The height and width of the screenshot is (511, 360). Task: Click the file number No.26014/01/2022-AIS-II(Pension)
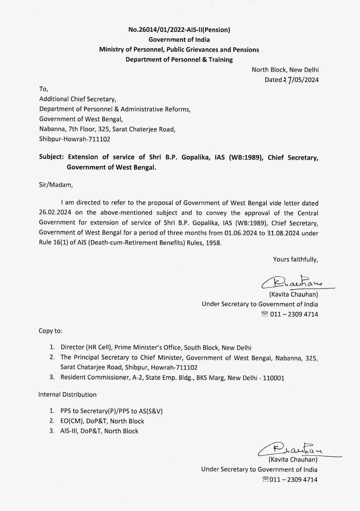179,30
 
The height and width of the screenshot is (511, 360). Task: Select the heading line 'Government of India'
179,40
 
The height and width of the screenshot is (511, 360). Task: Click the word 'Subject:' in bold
51,157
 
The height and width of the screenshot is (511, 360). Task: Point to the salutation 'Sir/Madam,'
56,185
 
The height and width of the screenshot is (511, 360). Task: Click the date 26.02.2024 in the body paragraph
55,213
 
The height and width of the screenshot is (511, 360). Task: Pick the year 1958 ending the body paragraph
213,243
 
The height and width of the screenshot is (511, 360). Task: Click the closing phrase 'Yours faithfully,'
295,260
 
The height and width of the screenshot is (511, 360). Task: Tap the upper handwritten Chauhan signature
295,282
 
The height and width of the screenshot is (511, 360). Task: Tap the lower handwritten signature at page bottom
293,449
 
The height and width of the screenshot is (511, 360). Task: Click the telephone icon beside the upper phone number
265,314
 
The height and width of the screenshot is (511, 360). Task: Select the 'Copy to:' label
51,331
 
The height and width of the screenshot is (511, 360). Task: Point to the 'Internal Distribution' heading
67,395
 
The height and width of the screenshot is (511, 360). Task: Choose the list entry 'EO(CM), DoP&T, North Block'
102,421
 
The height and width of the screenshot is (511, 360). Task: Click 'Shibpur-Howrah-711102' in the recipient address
75,139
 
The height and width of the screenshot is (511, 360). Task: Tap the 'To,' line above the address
43,89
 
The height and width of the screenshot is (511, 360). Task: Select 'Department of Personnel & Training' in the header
179,60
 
